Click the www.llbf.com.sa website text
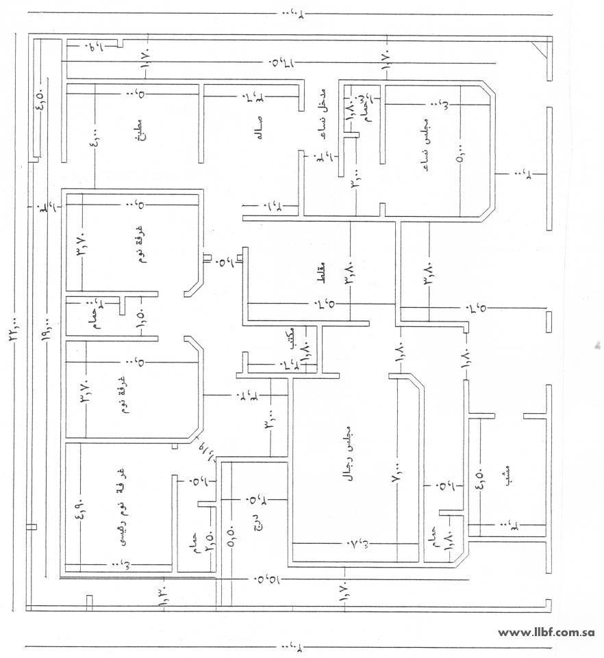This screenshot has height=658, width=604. click(546, 633)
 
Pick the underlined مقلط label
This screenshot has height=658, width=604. click(323, 268)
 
